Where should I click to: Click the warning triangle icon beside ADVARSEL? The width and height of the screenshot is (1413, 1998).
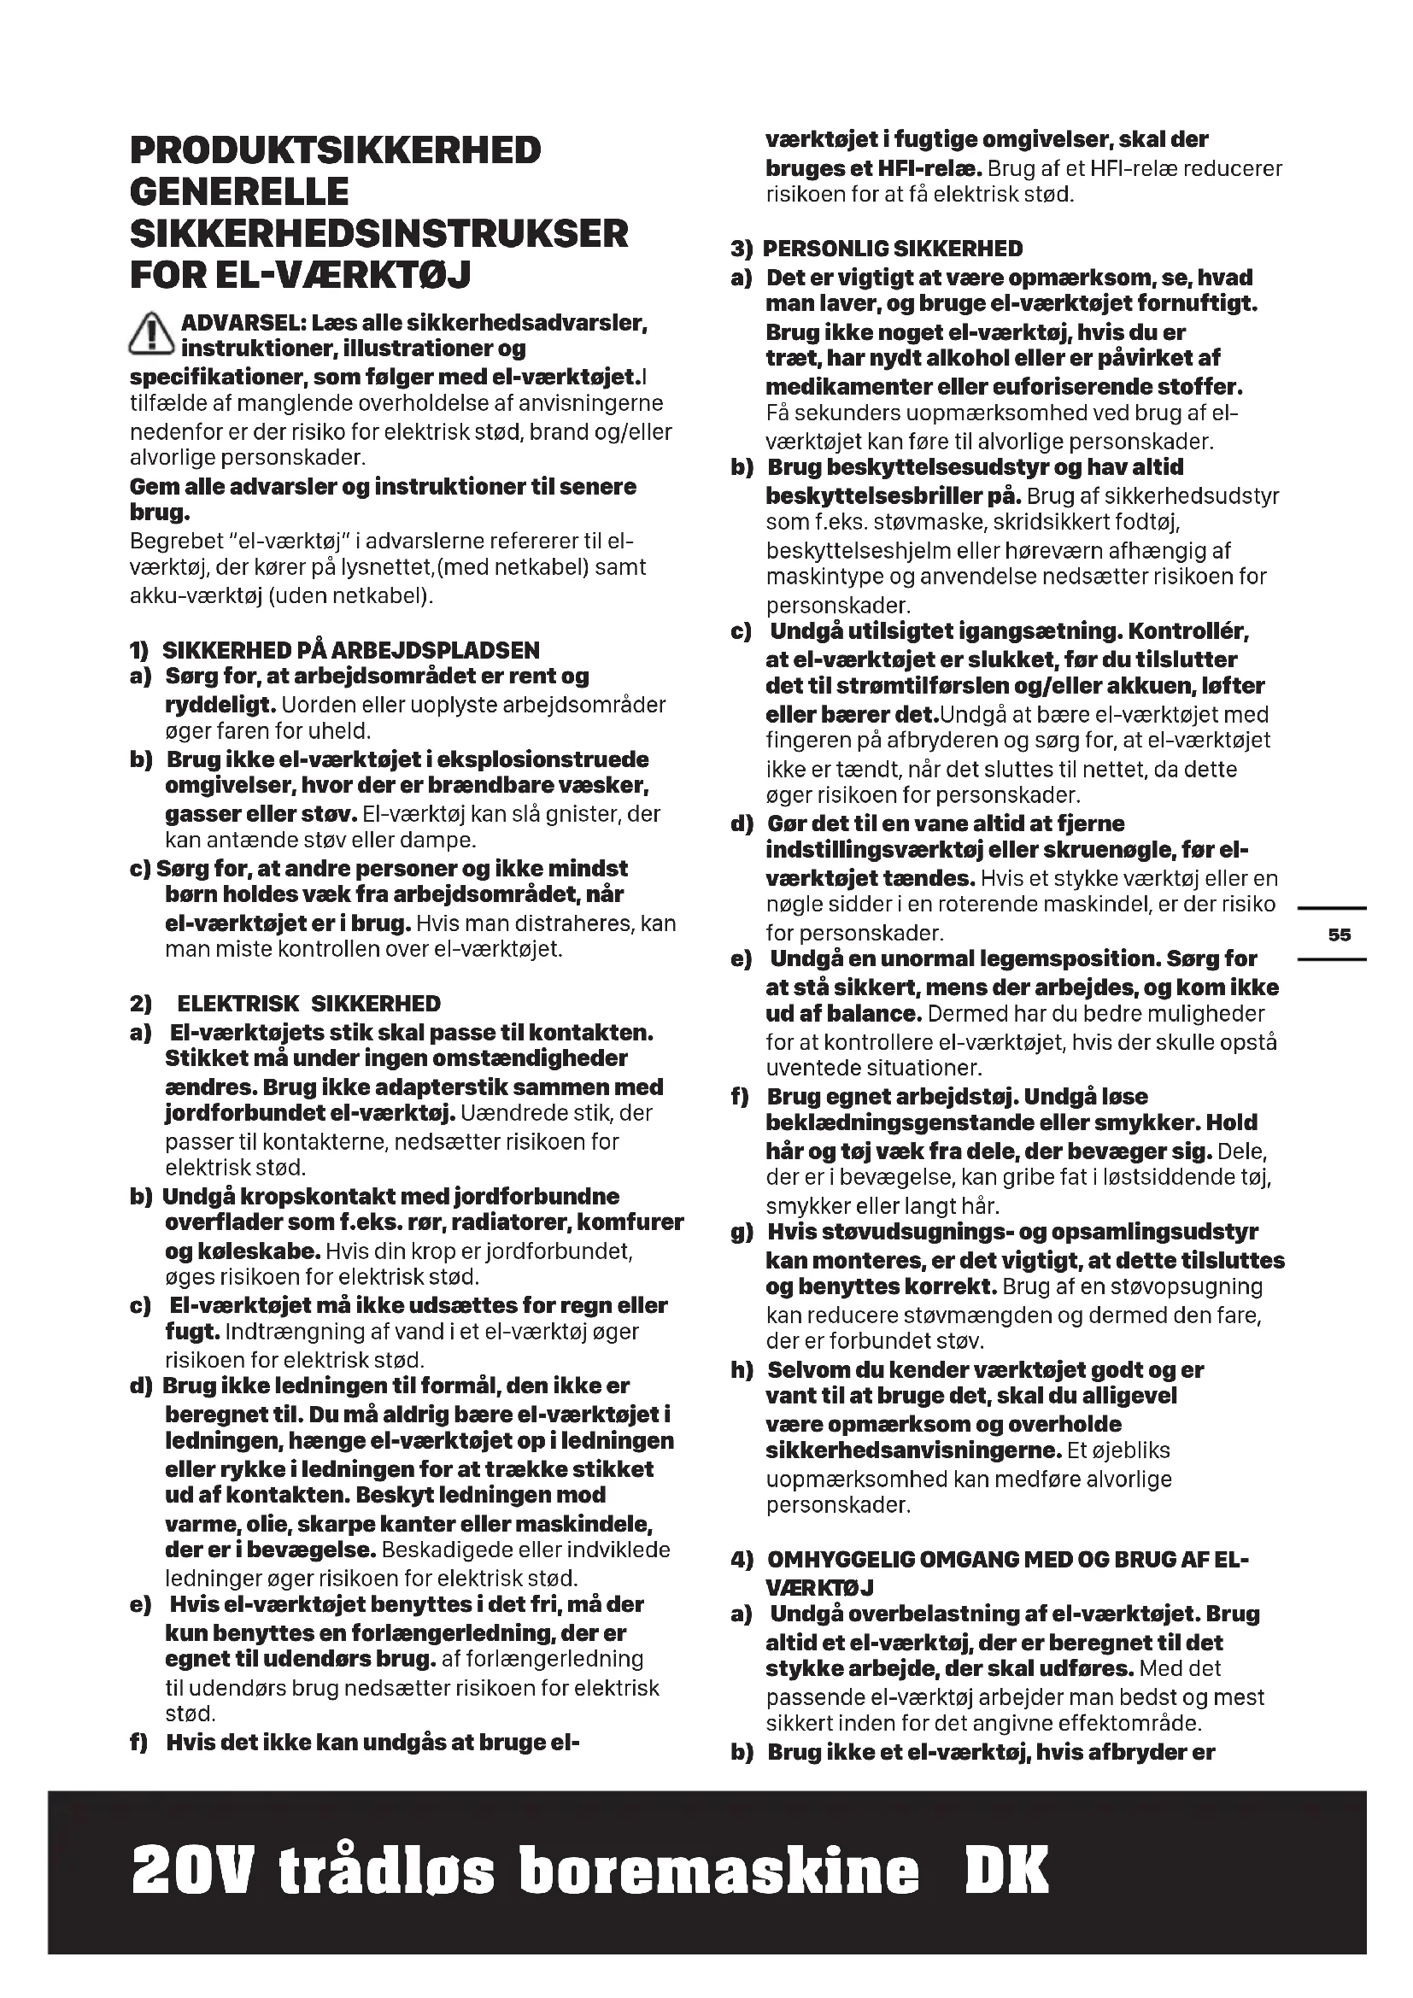(151, 335)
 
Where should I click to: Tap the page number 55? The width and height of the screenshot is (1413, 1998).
(1339, 935)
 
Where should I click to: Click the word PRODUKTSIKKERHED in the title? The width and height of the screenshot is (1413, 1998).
(335, 150)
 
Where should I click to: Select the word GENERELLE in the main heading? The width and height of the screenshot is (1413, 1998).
(239, 192)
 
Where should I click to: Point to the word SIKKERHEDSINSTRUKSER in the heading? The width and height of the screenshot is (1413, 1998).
(378, 234)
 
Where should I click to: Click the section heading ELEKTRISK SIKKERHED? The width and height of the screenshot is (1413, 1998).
(309, 1004)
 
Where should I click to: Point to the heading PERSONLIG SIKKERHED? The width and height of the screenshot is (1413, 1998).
(892, 249)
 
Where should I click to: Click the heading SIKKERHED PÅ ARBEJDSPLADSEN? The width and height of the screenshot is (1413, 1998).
(350, 650)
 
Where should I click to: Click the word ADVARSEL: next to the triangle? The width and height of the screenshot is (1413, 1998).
(243, 324)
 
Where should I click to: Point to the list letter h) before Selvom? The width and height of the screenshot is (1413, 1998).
(742, 1369)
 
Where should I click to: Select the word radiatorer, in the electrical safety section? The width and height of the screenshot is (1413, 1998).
(502, 1222)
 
